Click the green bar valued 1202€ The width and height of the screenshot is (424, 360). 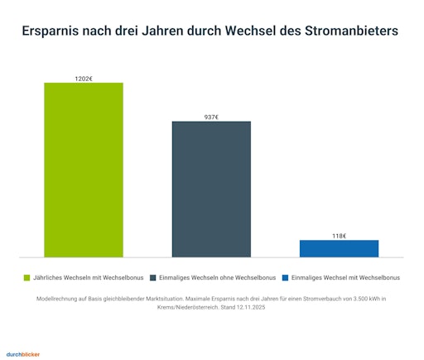click(84, 170)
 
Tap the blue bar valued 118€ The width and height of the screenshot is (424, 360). click(339, 248)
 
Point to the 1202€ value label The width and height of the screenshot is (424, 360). click(84, 78)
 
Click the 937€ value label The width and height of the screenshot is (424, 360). click(211, 117)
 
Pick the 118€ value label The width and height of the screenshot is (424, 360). click(339, 236)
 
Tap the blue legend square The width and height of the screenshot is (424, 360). click(286, 278)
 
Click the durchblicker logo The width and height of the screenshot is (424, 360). click(23, 353)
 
